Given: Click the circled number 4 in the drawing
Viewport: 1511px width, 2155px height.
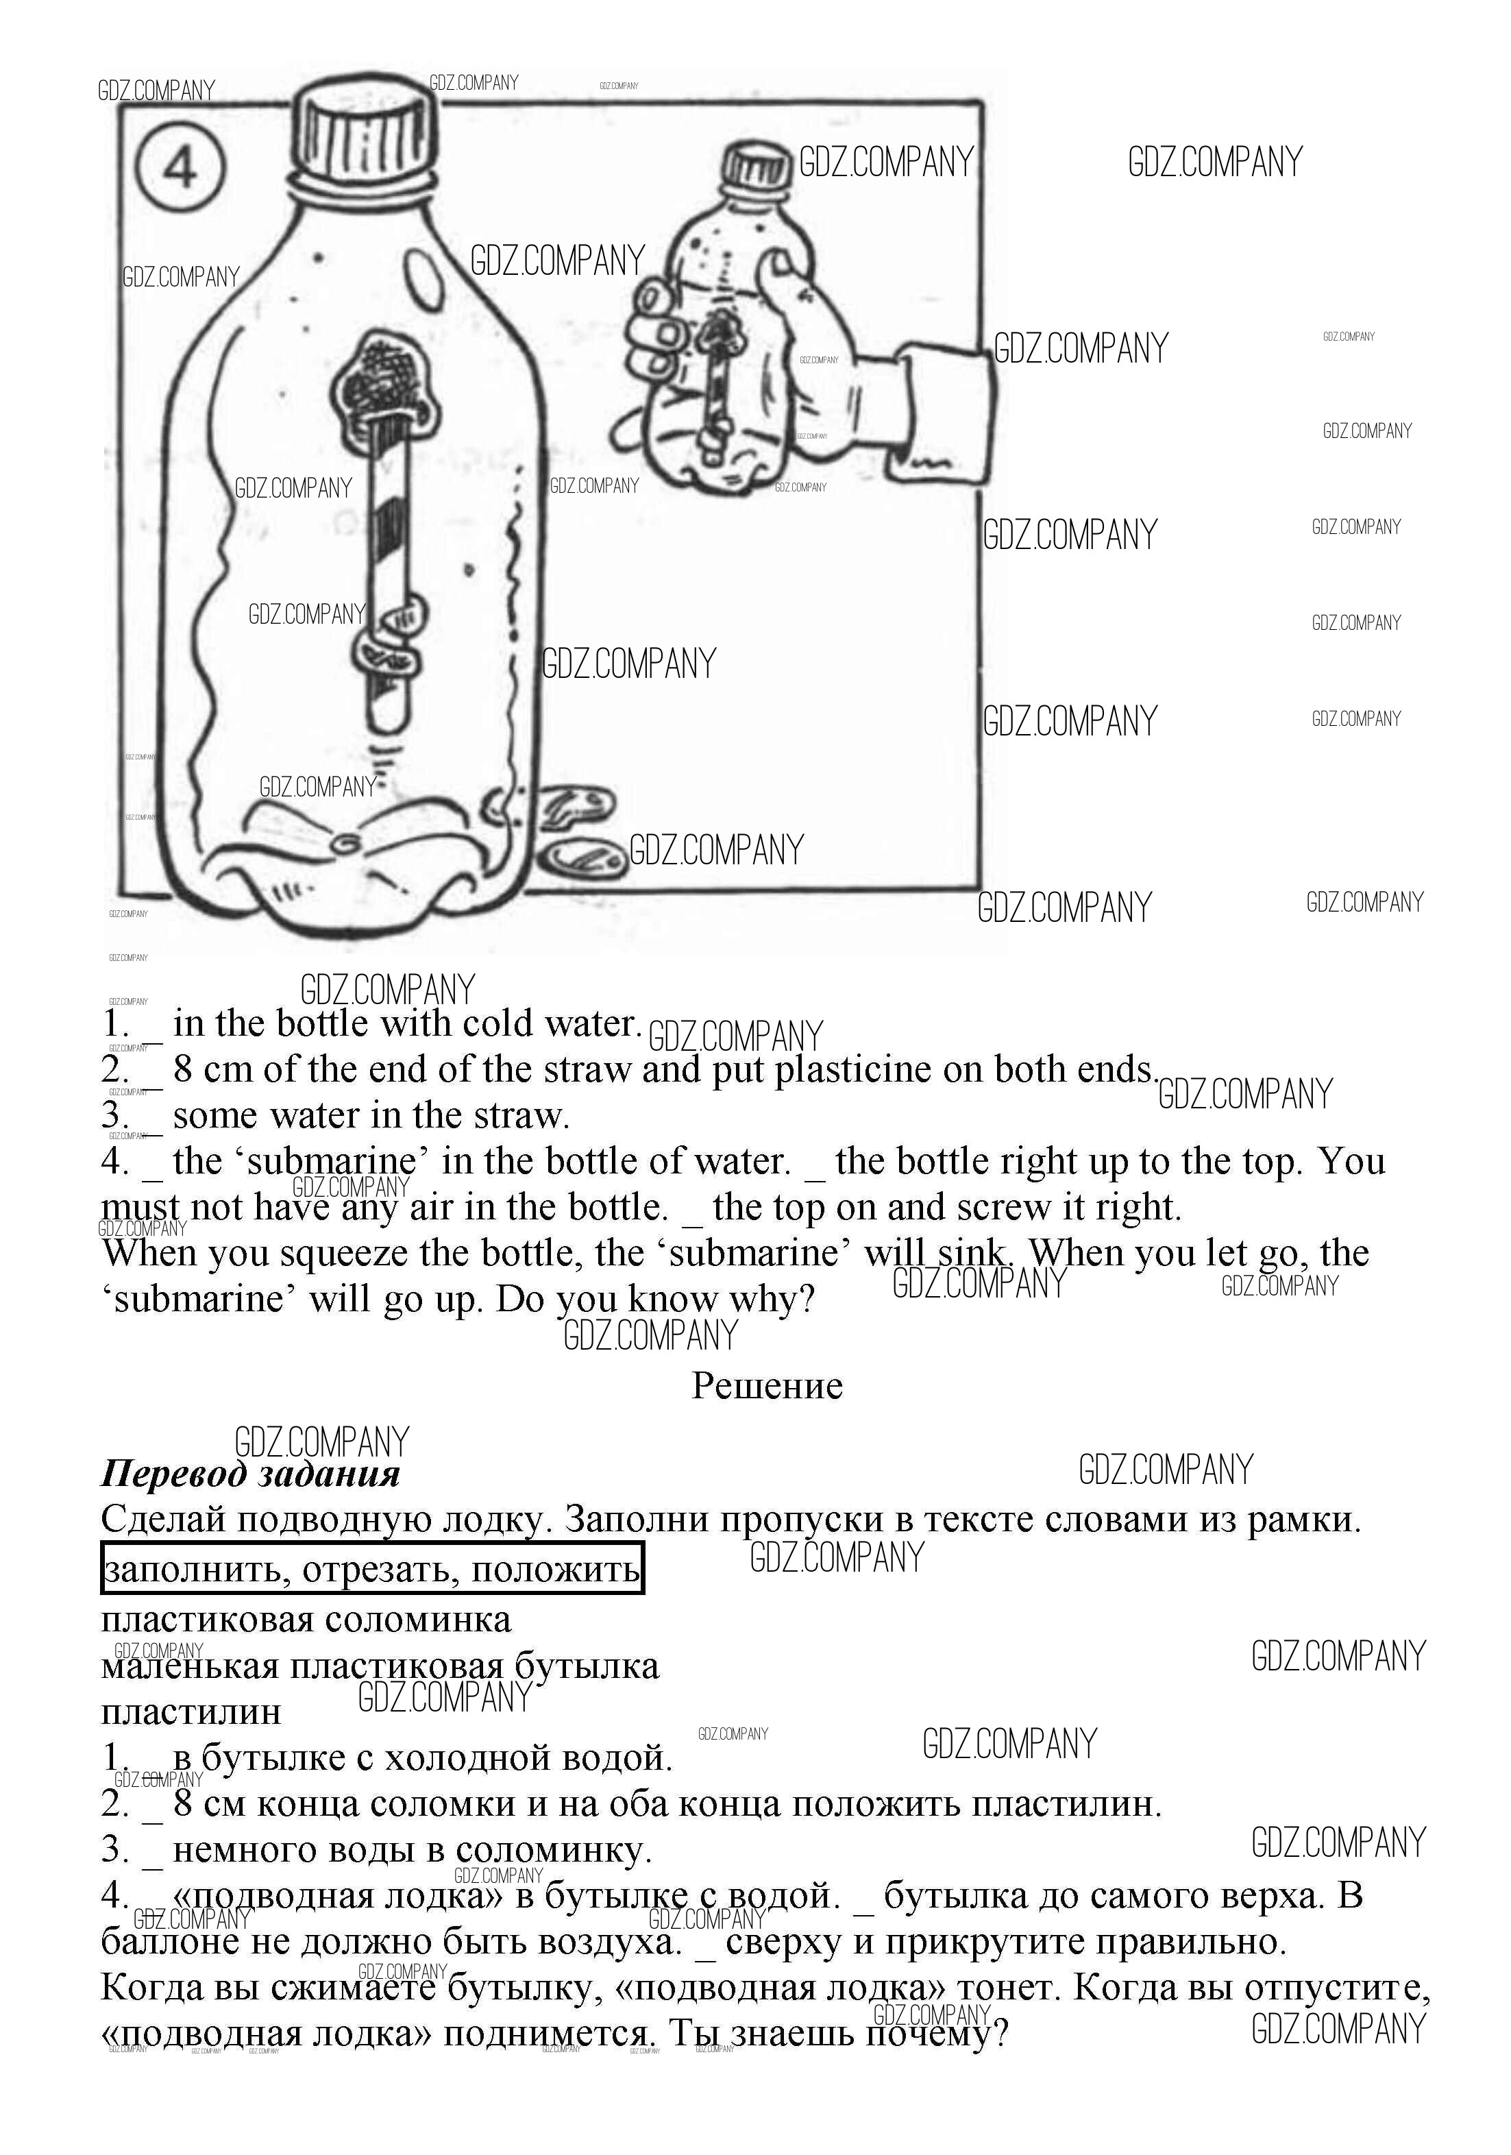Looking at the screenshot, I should [180, 169].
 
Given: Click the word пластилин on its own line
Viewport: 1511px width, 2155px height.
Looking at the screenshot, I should [191, 1711].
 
